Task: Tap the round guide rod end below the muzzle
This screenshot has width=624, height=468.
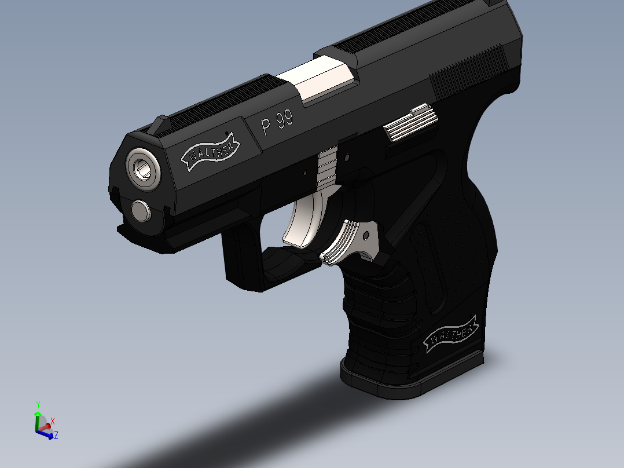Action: click(x=141, y=211)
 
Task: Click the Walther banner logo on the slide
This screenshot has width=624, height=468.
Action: click(x=210, y=152)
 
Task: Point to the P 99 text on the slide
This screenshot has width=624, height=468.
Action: click(x=277, y=123)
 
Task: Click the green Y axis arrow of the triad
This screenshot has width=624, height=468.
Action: click(x=38, y=412)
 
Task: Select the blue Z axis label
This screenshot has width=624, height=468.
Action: click(x=56, y=436)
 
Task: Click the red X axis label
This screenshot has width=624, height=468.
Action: click(x=53, y=421)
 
